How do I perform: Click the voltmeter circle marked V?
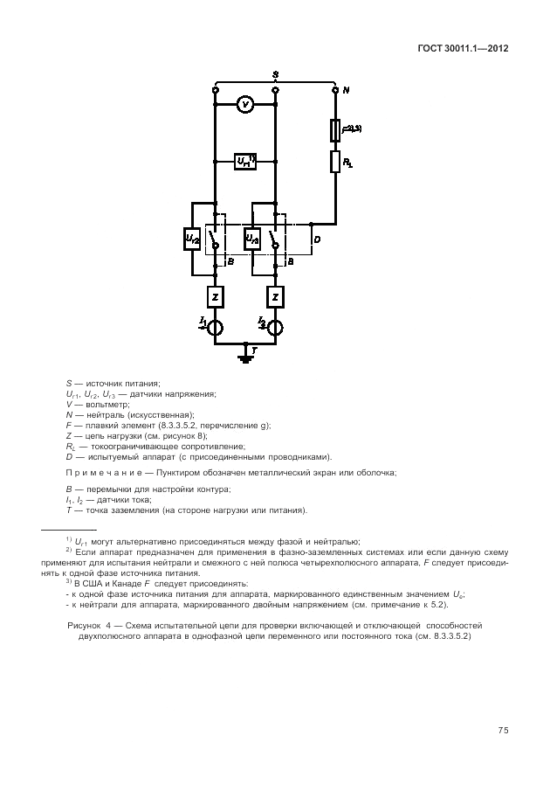(245, 105)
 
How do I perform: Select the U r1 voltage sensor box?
(245, 162)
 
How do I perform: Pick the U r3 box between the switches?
(252, 239)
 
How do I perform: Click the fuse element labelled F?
(335, 131)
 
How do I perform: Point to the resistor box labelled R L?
(335, 162)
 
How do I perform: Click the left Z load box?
(215, 297)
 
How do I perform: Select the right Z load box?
(276, 297)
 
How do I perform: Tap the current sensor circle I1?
(215, 328)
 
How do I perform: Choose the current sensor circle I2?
(276, 328)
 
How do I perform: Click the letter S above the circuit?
(275, 75)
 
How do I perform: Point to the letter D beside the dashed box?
(316, 239)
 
